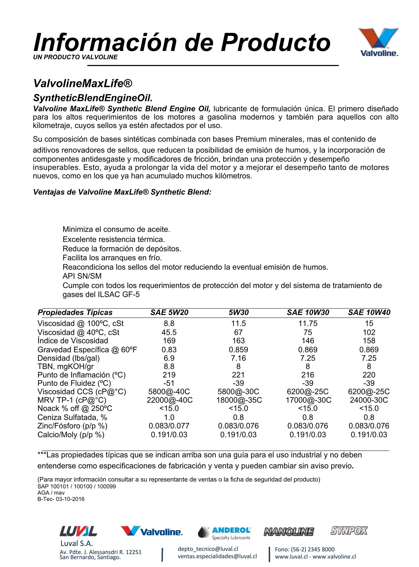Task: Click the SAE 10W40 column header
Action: click(369, 312)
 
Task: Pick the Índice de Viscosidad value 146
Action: click(308, 341)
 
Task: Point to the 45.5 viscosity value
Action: click(169, 332)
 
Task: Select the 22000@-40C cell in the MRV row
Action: click(170, 400)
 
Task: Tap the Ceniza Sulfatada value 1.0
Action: click(169, 417)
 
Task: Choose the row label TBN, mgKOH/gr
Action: click(65, 366)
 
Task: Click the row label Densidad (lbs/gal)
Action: click(68, 358)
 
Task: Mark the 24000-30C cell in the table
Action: click(369, 400)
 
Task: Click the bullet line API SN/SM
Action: click(82, 276)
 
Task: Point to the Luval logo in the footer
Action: click(78, 531)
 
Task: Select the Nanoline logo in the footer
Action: click(289, 532)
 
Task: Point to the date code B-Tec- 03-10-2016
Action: click(61, 499)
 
